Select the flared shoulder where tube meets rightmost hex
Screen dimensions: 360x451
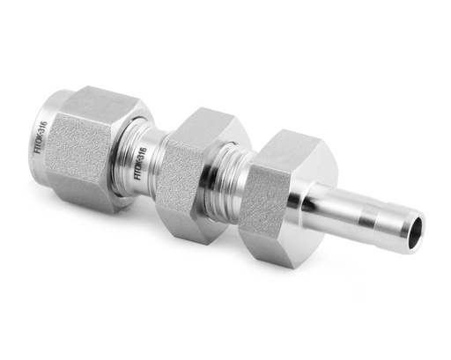pos(313,207)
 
